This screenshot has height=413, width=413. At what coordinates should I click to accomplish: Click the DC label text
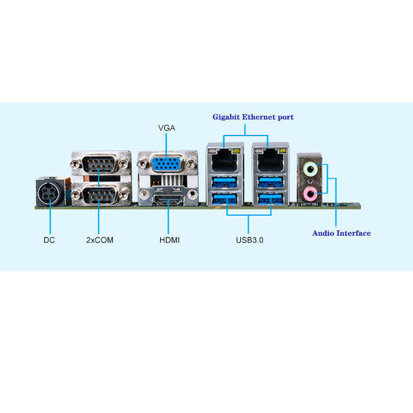(50, 240)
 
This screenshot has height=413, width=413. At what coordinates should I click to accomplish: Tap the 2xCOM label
(100, 240)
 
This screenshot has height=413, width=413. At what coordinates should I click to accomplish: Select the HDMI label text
(170, 240)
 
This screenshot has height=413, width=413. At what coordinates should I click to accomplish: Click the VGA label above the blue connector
(166, 128)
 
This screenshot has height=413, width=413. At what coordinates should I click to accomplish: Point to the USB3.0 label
(249, 240)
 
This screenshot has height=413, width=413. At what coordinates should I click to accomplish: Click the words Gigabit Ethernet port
(253, 117)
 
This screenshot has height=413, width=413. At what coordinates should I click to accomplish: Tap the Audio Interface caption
(341, 233)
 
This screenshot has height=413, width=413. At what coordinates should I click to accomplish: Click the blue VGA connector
(167, 165)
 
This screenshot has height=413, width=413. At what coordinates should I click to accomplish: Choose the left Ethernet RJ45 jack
(224, 158)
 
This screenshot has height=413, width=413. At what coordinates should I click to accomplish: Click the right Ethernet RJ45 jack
(270, 158)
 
